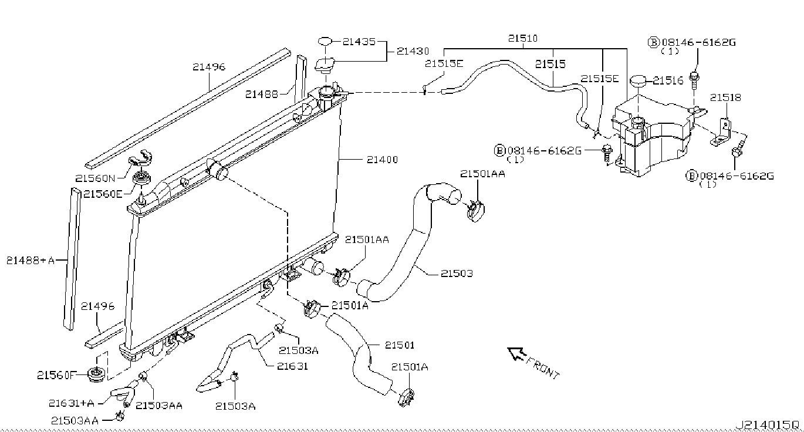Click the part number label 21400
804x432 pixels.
click(382, 160)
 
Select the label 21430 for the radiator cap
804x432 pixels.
click(413, 51)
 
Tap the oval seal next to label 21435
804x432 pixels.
click(325, 41)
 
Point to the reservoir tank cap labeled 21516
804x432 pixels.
click(637, 81)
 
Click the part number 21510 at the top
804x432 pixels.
click(523, 38)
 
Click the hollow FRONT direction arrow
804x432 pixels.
click(516, 354)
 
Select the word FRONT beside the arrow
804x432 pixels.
click(543, 369)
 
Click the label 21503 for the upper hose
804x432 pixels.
click(457, 274)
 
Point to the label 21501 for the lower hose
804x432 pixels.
click(400, 345)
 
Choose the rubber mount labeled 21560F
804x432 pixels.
click(96, 374)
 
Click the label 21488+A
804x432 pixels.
click(31, 261)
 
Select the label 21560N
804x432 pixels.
click(95, 178)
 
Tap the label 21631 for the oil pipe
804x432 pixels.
click(292, 366)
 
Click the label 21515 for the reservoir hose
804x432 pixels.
click(550, 65)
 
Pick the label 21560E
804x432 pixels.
click(103, 194)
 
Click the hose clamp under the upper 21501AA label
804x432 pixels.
click(475, 211)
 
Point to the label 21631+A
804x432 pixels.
click(72, 403)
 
